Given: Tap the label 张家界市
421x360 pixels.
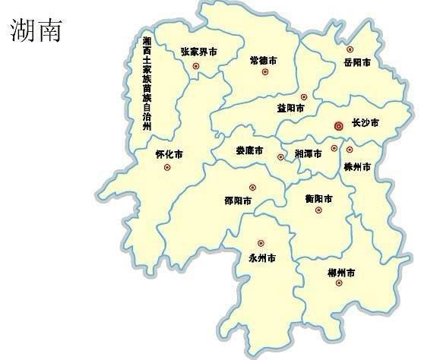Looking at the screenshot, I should [198, 52].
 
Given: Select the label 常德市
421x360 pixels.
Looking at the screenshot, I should [263, 60].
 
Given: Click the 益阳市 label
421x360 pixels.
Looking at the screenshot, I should [292, 109].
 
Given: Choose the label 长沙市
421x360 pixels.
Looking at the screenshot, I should [365, 123].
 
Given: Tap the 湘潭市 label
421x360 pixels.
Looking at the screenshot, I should [308, 153].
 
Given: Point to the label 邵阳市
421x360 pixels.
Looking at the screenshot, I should [239, 201].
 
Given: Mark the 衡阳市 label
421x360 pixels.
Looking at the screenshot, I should [318, 199].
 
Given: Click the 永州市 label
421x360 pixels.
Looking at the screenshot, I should [261, 258].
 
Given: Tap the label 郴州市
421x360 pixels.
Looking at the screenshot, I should [340, 271].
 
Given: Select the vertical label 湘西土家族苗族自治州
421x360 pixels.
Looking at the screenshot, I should [147, 84].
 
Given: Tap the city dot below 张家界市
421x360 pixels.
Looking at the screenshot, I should [195, 67].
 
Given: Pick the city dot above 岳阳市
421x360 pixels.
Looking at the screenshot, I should [350, 49].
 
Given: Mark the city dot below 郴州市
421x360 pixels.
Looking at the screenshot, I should [339, 283].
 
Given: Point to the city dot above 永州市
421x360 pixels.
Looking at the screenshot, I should [261, 244].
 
